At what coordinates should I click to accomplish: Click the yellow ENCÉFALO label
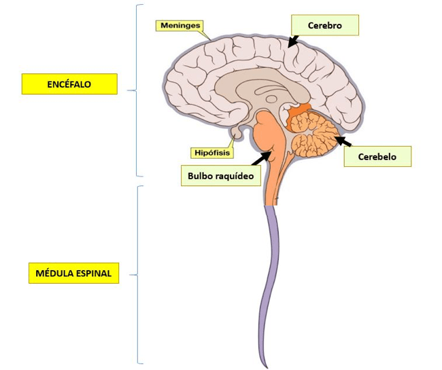69,84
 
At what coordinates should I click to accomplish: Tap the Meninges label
180,26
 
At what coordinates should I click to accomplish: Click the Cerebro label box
324,25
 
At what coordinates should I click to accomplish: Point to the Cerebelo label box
377,156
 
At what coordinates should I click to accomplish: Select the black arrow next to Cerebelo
342,143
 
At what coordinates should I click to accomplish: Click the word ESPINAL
91,274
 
